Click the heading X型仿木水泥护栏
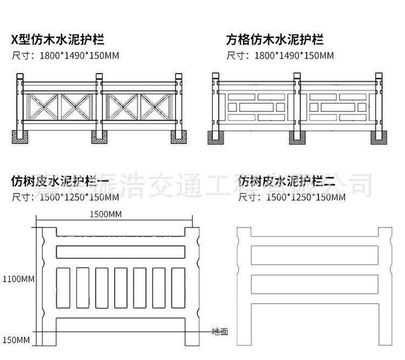tap(58, 39)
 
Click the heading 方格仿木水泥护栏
tap(275, 39)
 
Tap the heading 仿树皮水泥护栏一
tap(59, 182)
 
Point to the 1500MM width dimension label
tap(106, 215)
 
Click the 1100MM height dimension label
tap(18, 279)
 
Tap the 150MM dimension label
tap(16, 340)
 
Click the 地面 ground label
tap(220, 331)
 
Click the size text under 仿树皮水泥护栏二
tap(292, 197)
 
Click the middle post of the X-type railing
tap(99, 105)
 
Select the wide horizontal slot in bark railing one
tap(121, 252)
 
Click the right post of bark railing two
tap(384, 286)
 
